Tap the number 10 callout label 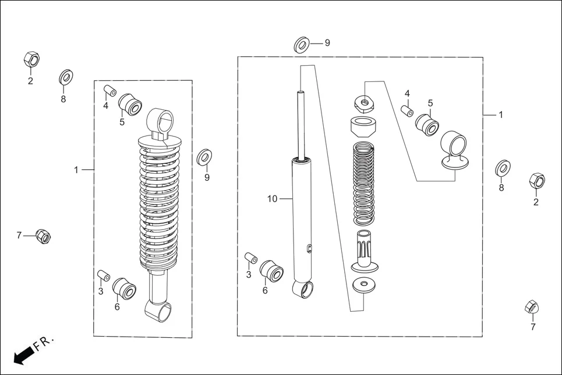point(272,199)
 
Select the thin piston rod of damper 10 point(301,124)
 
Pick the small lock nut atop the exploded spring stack point(364,103)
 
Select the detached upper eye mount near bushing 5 point(455,150)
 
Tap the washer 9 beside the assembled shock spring point(204,156)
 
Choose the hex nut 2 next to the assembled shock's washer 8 point(31,59)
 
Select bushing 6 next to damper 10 point(271,272)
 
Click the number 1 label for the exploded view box point(500,115)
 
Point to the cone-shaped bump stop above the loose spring point(365,126)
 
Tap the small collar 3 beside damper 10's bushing point(251,258)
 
